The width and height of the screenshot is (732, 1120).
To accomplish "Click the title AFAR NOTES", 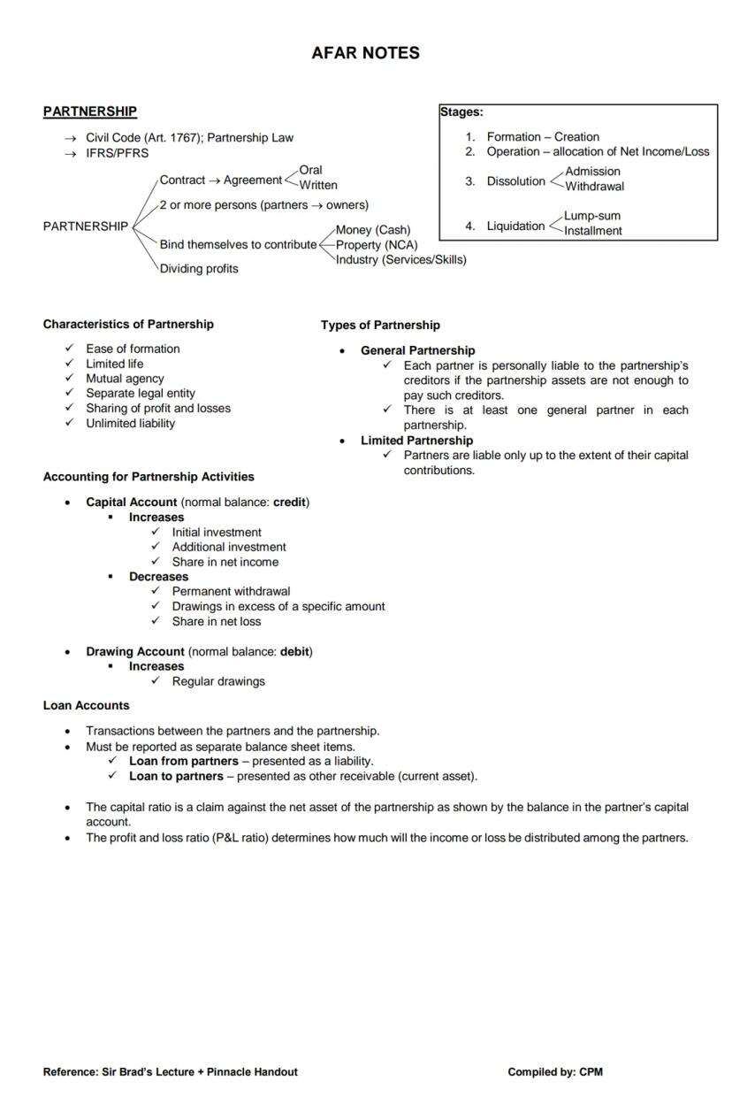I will tap(365, 53).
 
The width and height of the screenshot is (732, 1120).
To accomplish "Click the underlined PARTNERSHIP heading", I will tap(90, 111).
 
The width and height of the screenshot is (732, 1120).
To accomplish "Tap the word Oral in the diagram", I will tap(310, 170).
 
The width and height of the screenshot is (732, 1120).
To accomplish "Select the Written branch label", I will tap(318, 185).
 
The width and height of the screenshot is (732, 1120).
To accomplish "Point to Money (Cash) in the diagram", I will tap(373, 230).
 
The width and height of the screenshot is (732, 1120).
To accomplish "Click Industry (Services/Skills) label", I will tap(400, 259).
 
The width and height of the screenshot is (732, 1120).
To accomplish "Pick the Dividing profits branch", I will tap(199, 269).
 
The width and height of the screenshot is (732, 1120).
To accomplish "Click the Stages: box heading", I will tap(461, 112).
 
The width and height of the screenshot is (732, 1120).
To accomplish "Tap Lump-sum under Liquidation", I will tap(592, 216).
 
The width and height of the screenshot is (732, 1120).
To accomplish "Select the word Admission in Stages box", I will tap(592, 172).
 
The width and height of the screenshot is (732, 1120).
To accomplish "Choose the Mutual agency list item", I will tap(125, 379).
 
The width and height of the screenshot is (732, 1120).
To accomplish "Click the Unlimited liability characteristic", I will tap(130, 423).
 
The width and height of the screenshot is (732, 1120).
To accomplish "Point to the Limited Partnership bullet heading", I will tap(416, 441).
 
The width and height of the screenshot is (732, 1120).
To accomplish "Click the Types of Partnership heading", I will tap(380, 325).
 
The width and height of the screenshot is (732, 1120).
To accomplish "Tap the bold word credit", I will tap(289, 502).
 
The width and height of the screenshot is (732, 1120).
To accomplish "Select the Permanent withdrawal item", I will tap(231, 591).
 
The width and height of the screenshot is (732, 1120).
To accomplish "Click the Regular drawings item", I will tap(218, 681).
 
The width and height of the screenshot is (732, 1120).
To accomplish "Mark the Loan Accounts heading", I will tap(86, 706).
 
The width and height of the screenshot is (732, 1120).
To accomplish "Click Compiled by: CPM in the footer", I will tap(555, 1072).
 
